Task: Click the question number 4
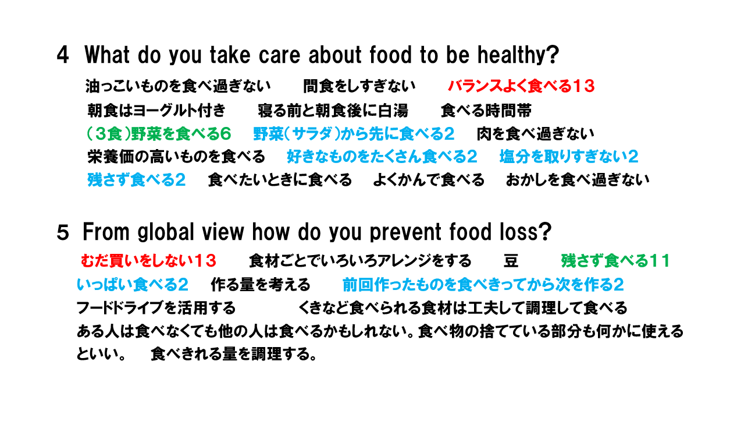coord(63,55)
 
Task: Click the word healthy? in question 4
coord(518,55)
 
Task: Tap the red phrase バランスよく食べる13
coord(521,86)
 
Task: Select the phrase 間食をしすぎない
coord(359,86)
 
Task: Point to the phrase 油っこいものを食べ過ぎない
coord(178,86)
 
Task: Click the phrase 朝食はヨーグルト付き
coord(156,110)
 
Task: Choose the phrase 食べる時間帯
coord(486,110)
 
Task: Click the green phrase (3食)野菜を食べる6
coord(159,134)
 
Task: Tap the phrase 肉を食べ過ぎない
coord(535,134)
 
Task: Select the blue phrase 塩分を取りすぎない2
coord(569,157)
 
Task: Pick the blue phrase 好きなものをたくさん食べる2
coord(382,157)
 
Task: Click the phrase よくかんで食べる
coord(429,180)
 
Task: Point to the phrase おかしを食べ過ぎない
coord(578,180)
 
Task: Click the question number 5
coord(63,233)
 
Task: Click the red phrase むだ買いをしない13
coord(148,261)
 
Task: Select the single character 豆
coord(511,261)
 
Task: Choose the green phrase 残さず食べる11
coord(615,261)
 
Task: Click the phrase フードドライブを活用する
coord(156,308)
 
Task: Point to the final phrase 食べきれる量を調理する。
coord(234,354)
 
